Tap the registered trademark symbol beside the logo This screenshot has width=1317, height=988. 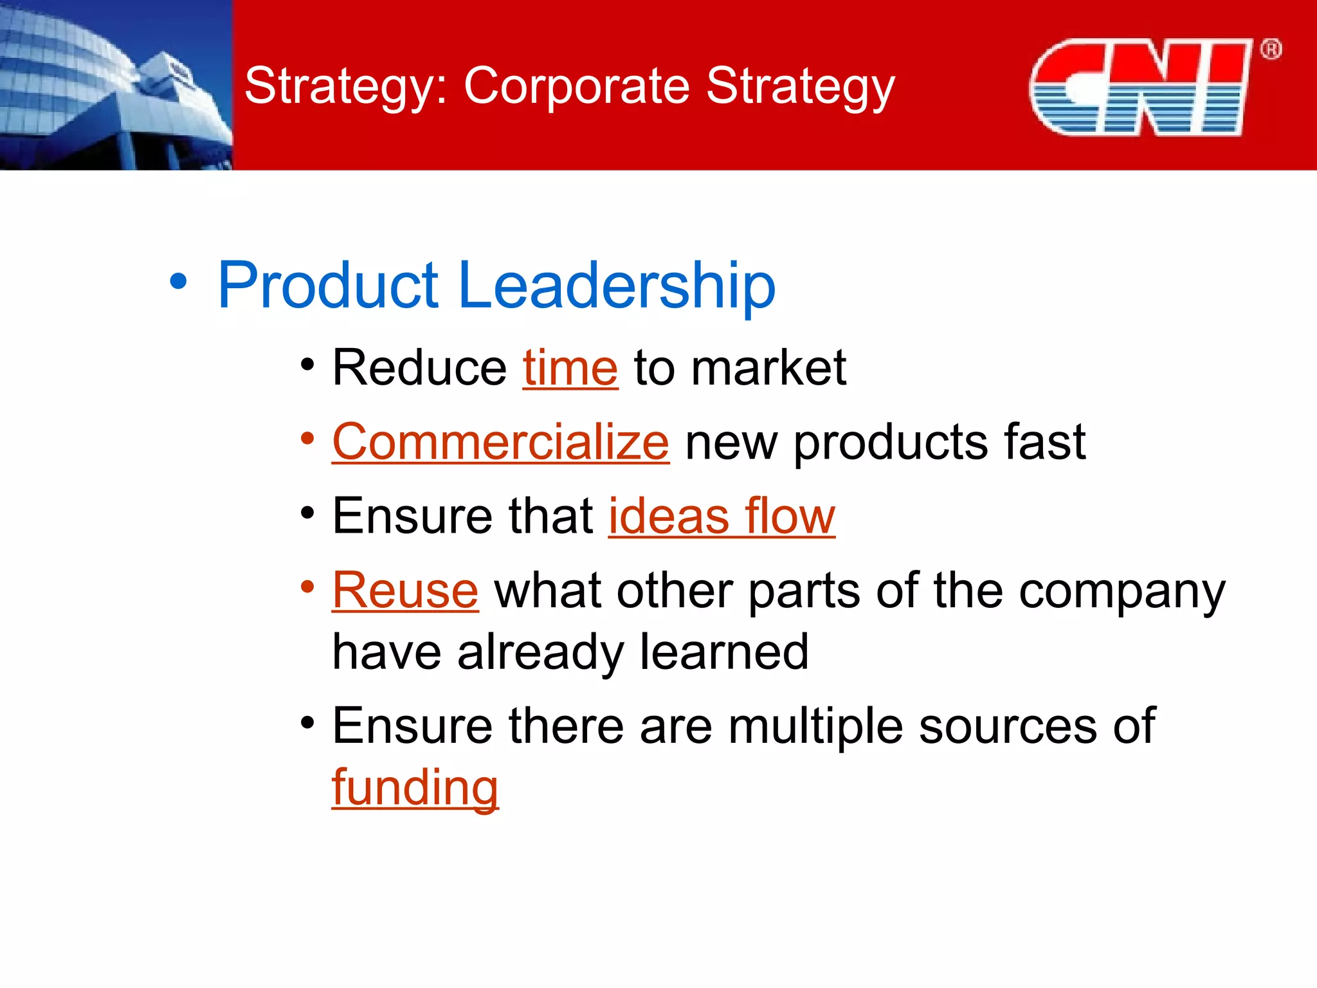(x=1271, y=50)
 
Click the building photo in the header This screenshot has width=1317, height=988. (x=116, y=85)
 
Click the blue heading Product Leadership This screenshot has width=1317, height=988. (x=496, y=285)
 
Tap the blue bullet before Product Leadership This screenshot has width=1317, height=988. (x=178, y=282)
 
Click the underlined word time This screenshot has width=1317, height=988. (x=570, y=368)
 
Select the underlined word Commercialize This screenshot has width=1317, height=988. (x=500, y=443)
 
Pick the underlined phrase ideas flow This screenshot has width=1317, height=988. (x=721, y=517)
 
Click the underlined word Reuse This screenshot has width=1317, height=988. (x=405, y=590)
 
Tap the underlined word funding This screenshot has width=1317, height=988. (x=415, y=788)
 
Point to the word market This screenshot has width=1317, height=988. (x=768, y=368)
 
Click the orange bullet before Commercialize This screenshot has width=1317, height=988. (x=307, y=439)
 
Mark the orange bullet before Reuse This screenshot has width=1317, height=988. (x=307, y=587)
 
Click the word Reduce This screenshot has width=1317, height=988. (x=419, y=368)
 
